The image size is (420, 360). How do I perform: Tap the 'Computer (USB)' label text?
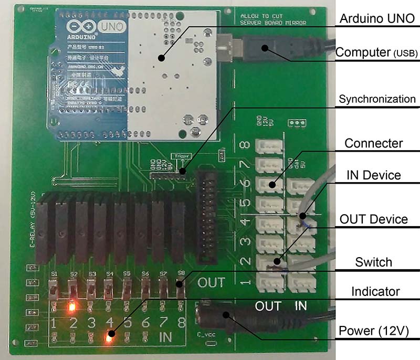click(376, 52)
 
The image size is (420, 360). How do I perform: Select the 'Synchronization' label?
click(377, 99)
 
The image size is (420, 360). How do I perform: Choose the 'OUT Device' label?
click(374, 219)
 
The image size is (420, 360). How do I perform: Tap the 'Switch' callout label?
click(373, 262)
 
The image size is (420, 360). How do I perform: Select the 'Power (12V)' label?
click(373, 331)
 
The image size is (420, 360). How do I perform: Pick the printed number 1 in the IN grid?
click(55, 321)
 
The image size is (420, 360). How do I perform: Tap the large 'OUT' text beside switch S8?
click(211, 282)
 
